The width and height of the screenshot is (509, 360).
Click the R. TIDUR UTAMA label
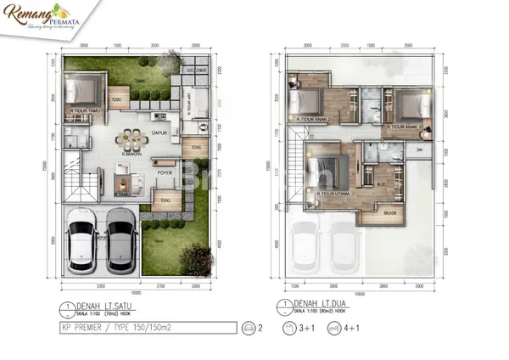[328, 192]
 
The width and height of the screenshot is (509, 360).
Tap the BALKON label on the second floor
[389, 212]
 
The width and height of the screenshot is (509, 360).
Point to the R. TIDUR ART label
[187, 104]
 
